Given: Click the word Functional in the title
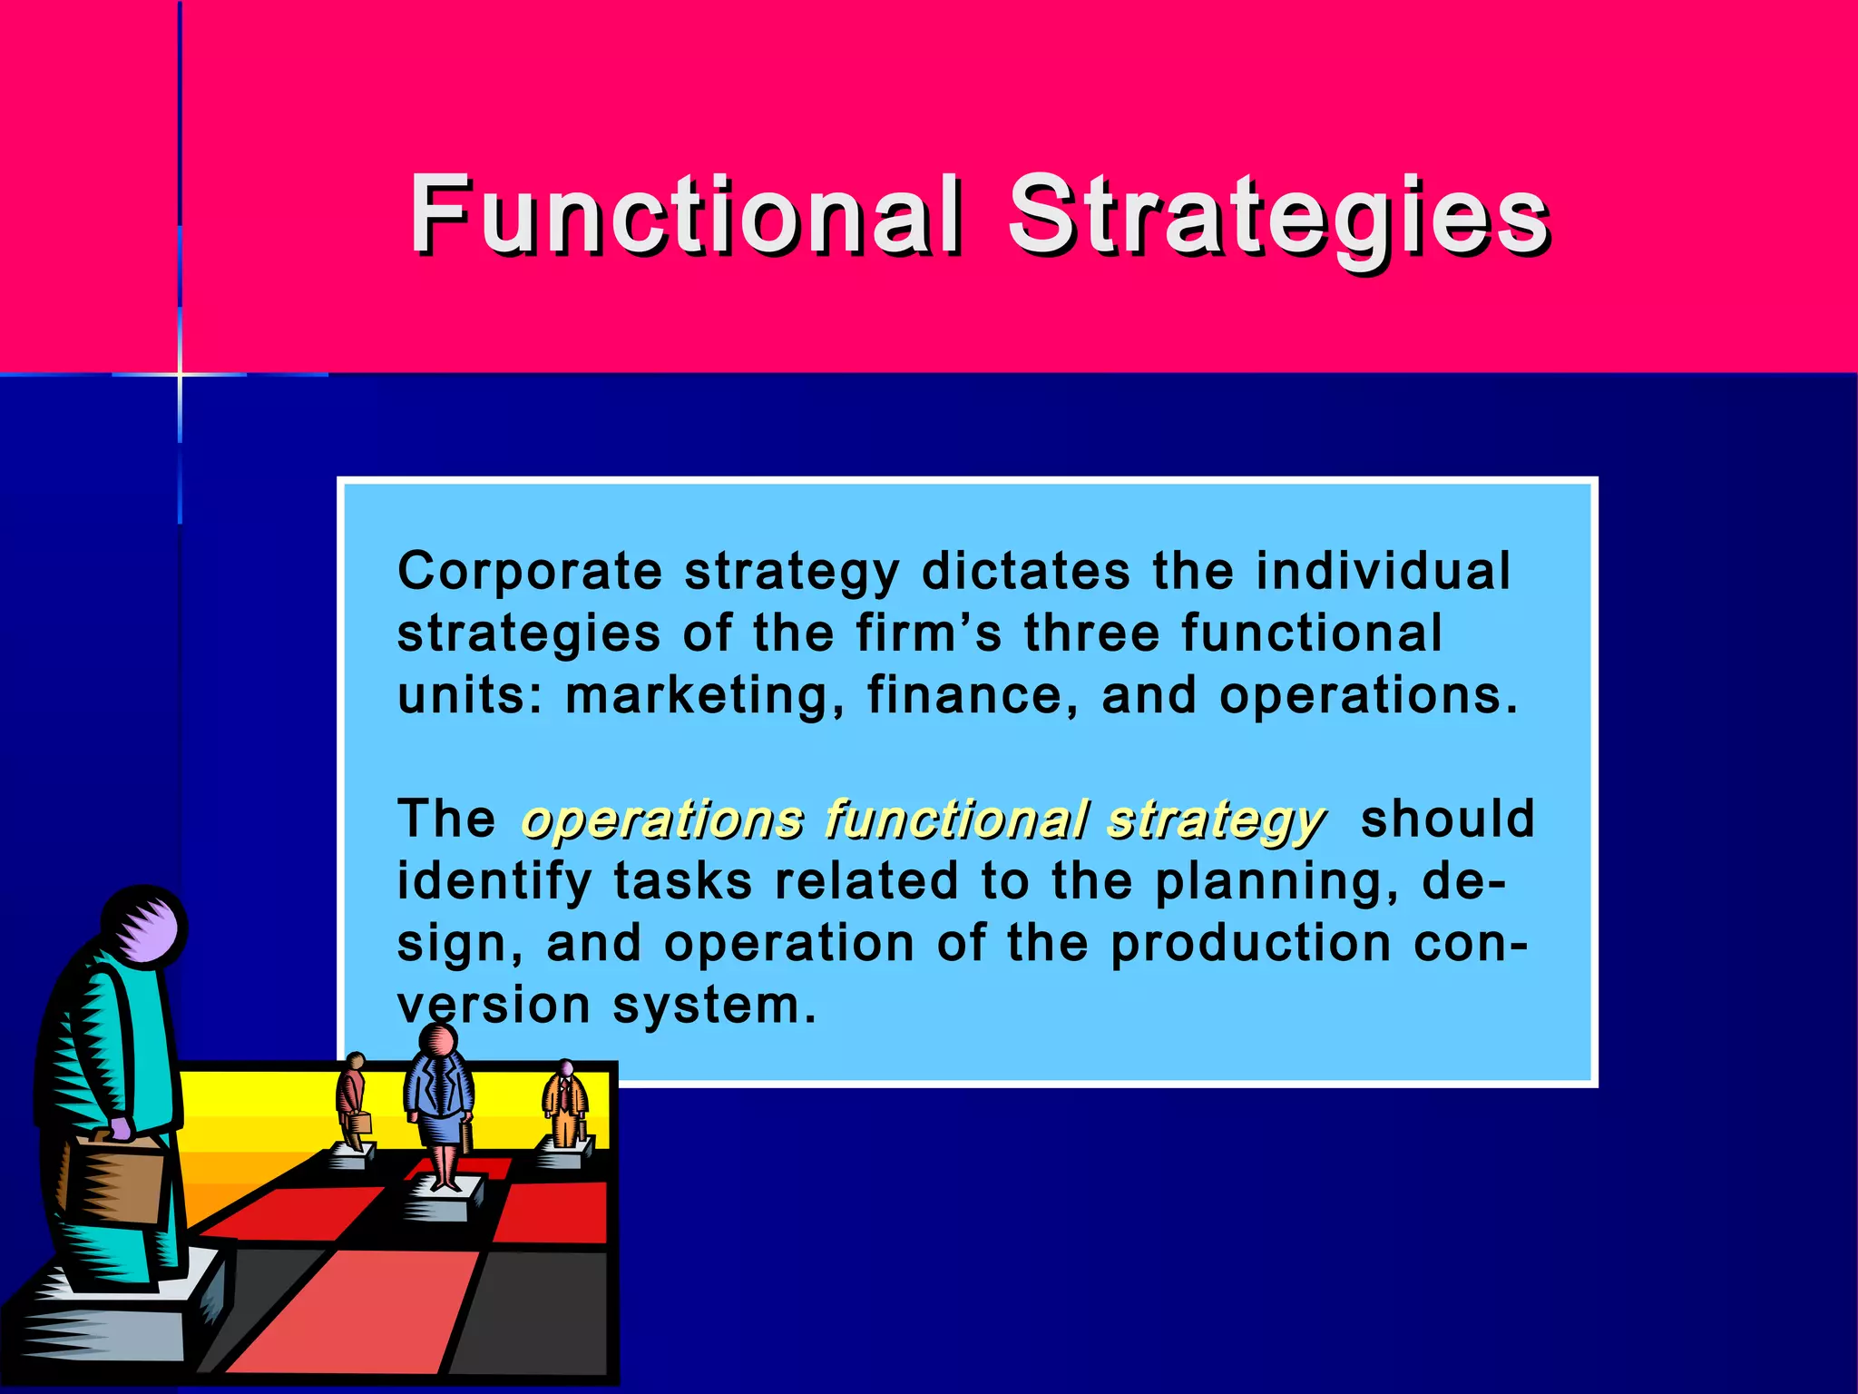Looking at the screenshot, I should pyautogui.click(x=685, y=214).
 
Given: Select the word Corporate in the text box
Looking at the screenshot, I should pyautogui.click(x=530, y=572).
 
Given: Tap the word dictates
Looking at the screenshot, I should pyautogui.click(x=1025, y=572).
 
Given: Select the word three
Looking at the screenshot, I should pyautogui.click(x=1091, y=633).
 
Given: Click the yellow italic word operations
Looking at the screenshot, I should pyautogui.click(x=663, y=820).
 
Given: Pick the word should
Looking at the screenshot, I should pyautogui.click(x=1447, y=819).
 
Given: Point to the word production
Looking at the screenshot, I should pyautogui.click(x=1251, y=944).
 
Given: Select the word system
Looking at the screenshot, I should pyautogui.click(x=715, y=1006).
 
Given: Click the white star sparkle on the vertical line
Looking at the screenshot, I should pyautogui.click(x=180, y=373).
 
